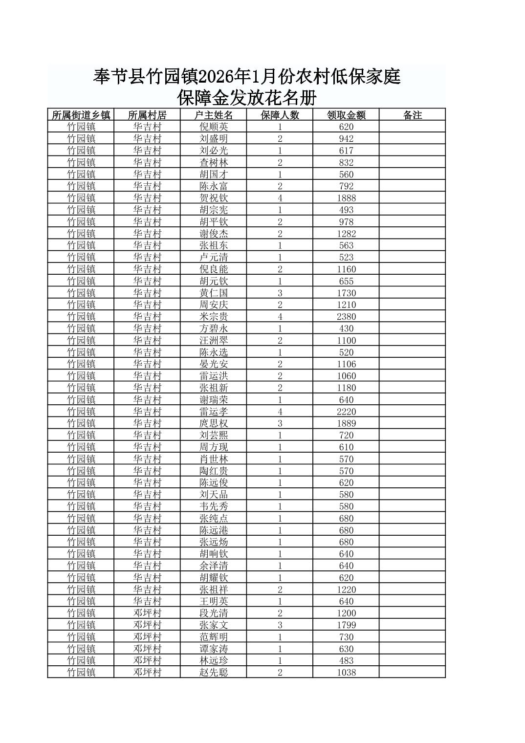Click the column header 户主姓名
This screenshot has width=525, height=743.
(213, 115)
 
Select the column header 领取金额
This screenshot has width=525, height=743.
(346, 115)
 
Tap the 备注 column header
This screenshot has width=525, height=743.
(412, 115)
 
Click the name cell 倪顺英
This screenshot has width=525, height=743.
(213, 127)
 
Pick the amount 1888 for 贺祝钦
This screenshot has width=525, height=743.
(346, 198)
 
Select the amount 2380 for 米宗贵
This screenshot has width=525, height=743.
(346, 317)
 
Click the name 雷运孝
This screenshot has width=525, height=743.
(213, 412)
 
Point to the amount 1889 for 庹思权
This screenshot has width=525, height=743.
(346, 423)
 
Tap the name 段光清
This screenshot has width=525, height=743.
(213, 613)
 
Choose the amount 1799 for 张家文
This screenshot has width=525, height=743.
(346, 625)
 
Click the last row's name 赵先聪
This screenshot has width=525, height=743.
(213, 672)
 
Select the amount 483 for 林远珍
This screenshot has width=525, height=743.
(346, 660)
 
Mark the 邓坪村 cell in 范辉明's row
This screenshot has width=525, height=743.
(147, 637)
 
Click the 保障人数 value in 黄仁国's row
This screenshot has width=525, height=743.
(280, 293)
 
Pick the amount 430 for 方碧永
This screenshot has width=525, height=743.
(346, 328)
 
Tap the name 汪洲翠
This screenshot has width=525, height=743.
(213, 340)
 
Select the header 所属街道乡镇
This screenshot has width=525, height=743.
(81, 115)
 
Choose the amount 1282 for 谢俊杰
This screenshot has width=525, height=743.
(346, 234)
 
